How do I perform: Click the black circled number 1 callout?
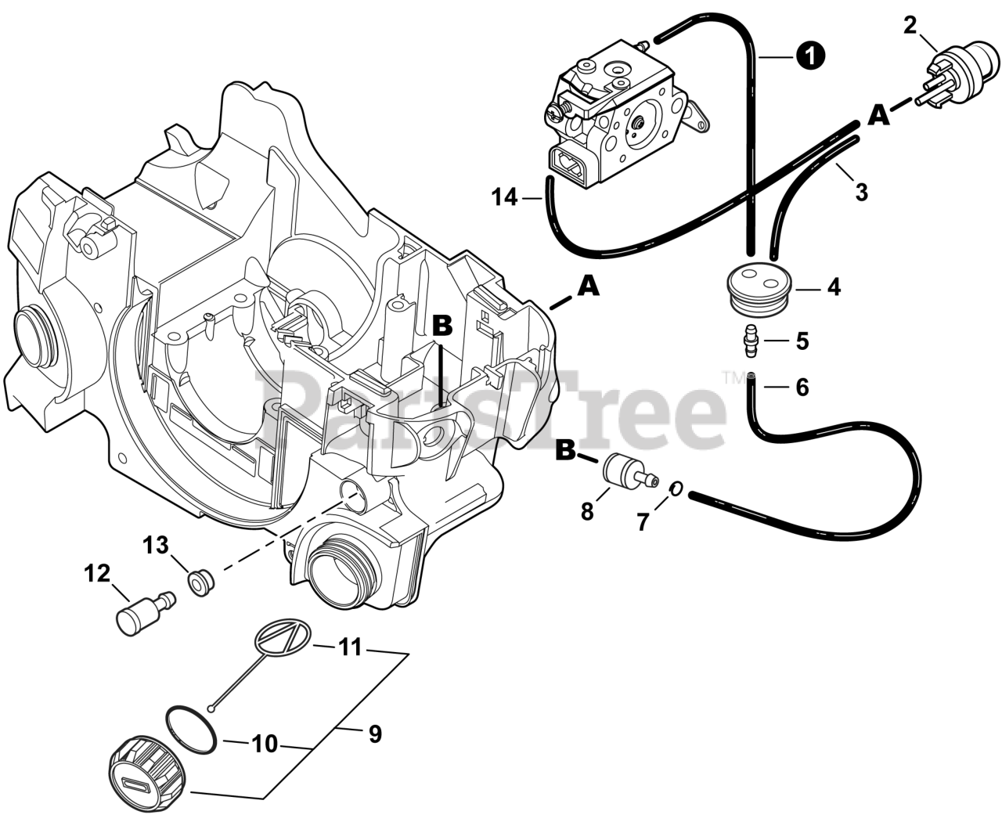[811, 56]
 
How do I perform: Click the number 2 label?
[910, 25]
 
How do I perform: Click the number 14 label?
[504, 197]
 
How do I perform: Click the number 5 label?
[802, 341]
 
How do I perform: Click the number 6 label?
[802, 387]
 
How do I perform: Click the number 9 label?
[375, 734]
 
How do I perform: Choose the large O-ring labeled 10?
[191, 726]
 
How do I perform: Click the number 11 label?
[350, 647]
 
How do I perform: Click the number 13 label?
[156, 545]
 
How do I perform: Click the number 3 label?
[861, 192]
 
